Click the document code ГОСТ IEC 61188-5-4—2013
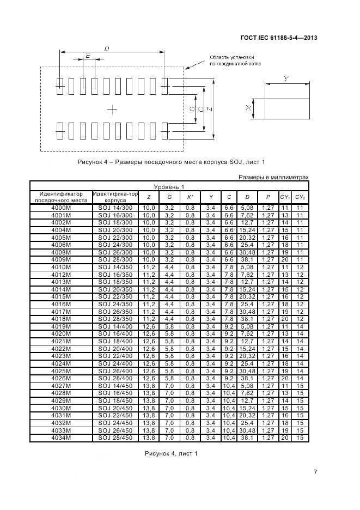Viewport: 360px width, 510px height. [278, 38]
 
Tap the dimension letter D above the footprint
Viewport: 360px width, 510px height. [106, 48]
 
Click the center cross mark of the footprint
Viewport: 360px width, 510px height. [112, 110]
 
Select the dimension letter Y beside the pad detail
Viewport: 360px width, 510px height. [286, 80]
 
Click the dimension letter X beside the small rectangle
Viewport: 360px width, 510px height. [248, 108]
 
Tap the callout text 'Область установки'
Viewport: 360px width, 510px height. [232, 57]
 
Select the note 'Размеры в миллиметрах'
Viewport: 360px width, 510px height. [273, 177]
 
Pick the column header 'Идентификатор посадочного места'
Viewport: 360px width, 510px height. [61, 197]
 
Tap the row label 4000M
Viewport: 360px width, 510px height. [61, 208]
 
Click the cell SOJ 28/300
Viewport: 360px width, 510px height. [115, 259]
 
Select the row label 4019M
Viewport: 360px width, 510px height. [61, 326]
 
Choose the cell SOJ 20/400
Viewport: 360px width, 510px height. [115, 348]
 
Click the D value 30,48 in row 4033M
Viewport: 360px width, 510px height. [247, 429]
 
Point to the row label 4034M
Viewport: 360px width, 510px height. [61, 437]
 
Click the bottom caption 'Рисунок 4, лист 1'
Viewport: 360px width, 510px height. [171, 453]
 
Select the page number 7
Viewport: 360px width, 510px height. [315, 472]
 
